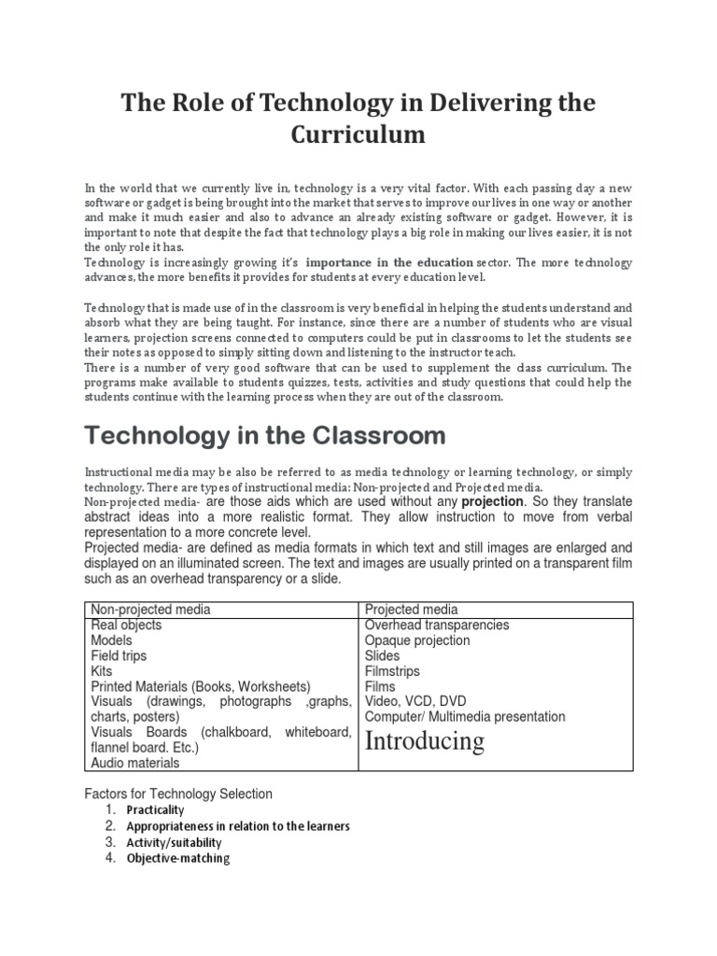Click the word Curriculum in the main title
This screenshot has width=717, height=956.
click(x=358, y=134)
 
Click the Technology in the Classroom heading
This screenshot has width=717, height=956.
click(x=265, y=435)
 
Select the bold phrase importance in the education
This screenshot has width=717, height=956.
click(x=388, y=263)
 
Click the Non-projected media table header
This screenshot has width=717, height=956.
click(x=150, y=610)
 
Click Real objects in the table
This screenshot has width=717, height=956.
click(x=126, y=626)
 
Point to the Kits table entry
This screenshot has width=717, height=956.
click(x=101, y=671)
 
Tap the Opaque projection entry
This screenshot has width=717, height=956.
click(x=417, y=640)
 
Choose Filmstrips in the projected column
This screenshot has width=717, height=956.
click(x=392, y=671)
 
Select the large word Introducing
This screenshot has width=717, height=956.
click(x=425, y=741)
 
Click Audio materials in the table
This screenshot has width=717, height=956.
click(x=135, y=763)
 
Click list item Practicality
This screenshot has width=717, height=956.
click(x=156, y=810)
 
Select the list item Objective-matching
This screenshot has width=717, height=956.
click(x=177, y=858)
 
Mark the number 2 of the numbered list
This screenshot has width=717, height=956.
click(x=110, y=826)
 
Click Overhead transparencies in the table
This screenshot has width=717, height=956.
click(x=437, y=626)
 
